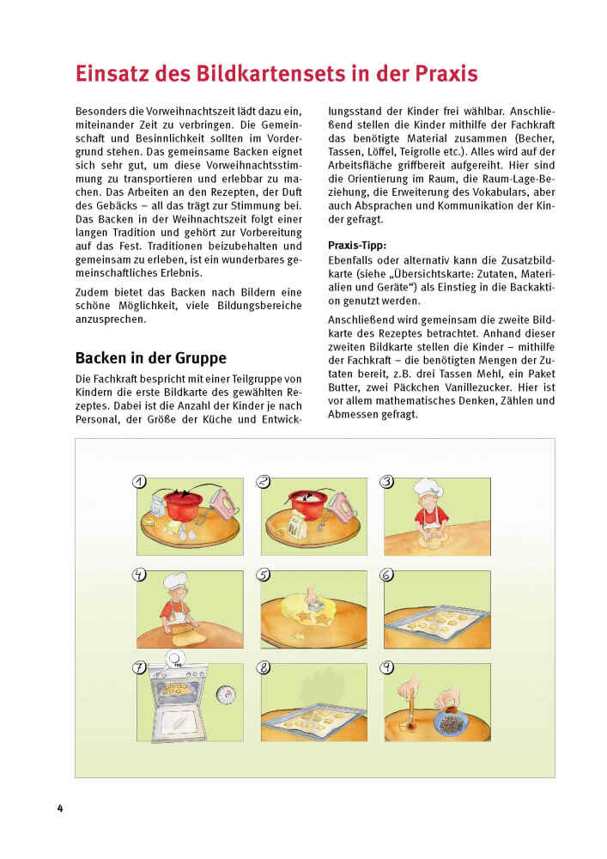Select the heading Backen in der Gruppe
coord(151,358)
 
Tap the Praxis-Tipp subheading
coord(357,246)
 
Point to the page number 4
coord(59,808)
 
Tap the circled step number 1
coord(140,482)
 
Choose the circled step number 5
coord(264,576)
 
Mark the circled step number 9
coord(387,667)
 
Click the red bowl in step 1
coord(183,506)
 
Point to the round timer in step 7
coord(225,695)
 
